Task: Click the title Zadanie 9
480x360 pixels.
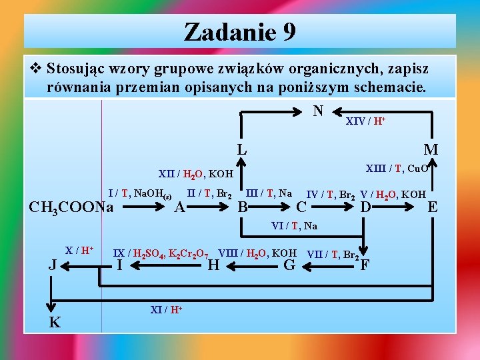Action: (x=240, y=31)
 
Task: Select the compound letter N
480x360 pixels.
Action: (x=319, y=109)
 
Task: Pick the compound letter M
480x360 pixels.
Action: (x=431, y=150)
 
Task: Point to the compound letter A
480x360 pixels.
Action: (x=179, y=207)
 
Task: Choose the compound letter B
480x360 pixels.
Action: (x=243, y=207)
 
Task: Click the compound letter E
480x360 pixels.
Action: (x=432, y=207)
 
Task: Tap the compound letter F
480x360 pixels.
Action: (x=365, y=266)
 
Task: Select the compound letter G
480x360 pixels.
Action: (x=289, y=266)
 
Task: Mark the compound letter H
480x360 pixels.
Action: (x=213, y=266)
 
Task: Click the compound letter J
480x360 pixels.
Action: (x=52, y=266)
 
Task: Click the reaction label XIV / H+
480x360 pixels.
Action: (x=365, y=121)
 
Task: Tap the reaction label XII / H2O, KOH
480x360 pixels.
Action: (x=195, y=174)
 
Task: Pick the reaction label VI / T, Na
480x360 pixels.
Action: (x=294, y=226)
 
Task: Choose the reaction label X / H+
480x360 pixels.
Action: (x=79, y=250)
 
